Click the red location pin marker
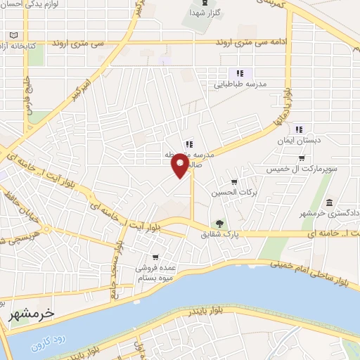pos(180,167)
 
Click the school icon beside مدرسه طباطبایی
pos(239,73)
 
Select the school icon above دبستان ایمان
pos(300,129)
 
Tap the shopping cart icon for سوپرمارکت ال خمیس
pos(301,159)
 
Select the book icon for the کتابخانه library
pos(14,34)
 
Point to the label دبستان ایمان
pos(300,139)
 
